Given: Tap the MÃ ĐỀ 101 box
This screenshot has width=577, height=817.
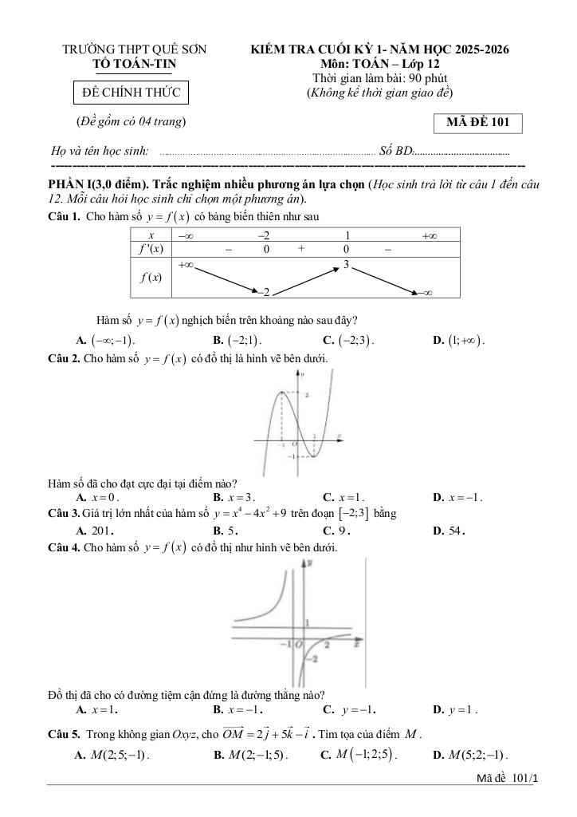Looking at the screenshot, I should coord(477,123).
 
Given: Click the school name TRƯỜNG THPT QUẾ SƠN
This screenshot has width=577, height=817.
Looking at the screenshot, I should coord(135,49).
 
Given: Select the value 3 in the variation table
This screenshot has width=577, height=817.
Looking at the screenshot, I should coord(346,264).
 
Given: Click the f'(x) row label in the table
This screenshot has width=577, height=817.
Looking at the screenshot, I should coord(151,249).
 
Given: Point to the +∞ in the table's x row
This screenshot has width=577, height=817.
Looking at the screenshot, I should coord(430,235).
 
